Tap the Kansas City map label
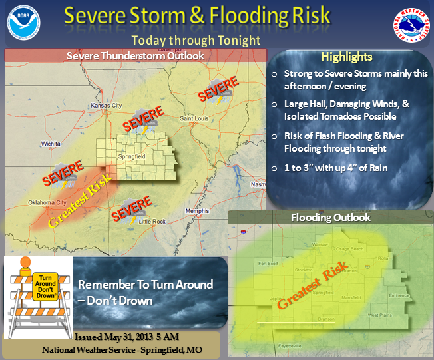(107, 106)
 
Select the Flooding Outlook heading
(330, 218)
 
